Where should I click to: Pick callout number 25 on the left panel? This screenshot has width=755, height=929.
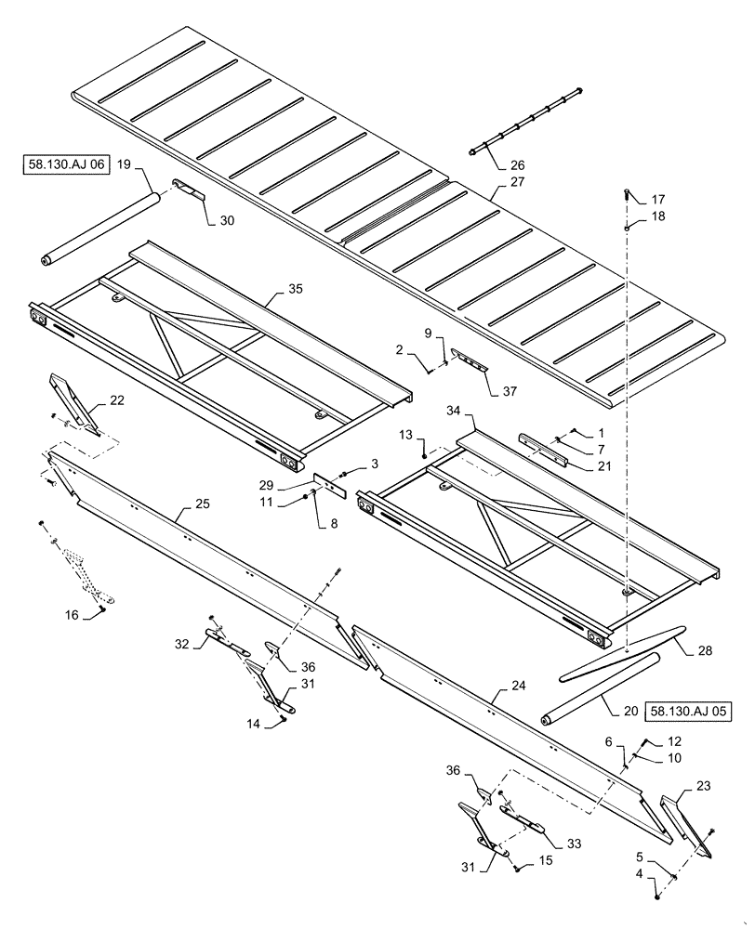click(x=202, y=505)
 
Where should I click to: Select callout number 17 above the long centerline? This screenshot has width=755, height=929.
click(x=658, y=200)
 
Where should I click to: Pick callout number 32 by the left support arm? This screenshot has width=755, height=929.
click(x=181, y=643)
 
